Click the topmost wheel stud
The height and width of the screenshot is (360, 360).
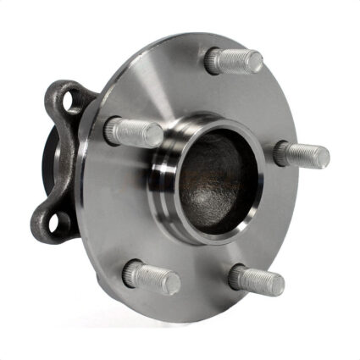[235, 59]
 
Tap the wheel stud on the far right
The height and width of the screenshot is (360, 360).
[302, 154]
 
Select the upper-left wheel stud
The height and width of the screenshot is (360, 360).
[134, 131]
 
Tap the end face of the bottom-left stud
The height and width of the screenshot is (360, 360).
[173, 284]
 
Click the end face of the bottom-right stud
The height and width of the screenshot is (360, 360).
[278, 284]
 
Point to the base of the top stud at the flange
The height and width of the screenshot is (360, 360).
[214, 59]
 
